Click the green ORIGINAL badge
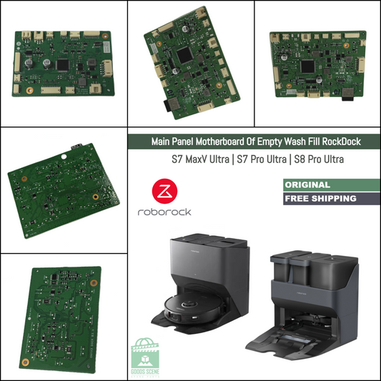point(307,184)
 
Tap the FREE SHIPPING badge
point(320,198)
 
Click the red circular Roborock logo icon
point(164,192)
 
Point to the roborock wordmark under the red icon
point(164,212)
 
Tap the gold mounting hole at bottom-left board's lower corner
point(26,362)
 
